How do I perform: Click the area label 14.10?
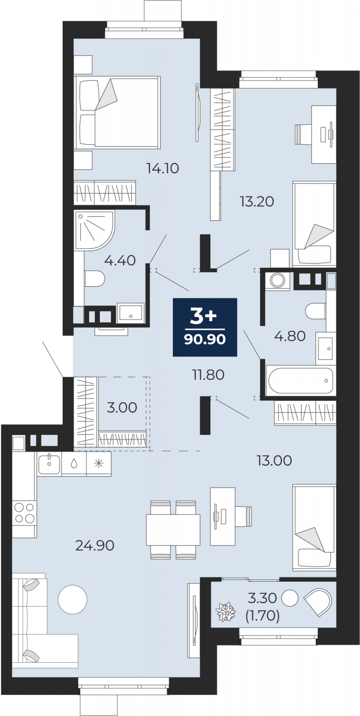[x=163, y=168]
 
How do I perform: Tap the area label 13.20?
[x=257, y=201]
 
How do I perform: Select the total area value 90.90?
[x=205, y=339]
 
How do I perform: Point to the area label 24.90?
[x=94, y=546]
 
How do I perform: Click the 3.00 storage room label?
[x=122, y=408]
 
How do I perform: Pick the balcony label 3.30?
[x=262, y=598]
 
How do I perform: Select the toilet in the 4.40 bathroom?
[x=94, y=279]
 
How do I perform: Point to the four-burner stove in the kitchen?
[x=25, y=513]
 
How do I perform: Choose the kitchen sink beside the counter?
[x=49, y=464]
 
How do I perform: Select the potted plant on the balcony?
[x=226, y=612]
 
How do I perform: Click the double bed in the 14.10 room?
[x=117, y=112]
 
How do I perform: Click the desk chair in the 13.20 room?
[x=304, y=135]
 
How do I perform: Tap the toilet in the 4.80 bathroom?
[x=316, y=311]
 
